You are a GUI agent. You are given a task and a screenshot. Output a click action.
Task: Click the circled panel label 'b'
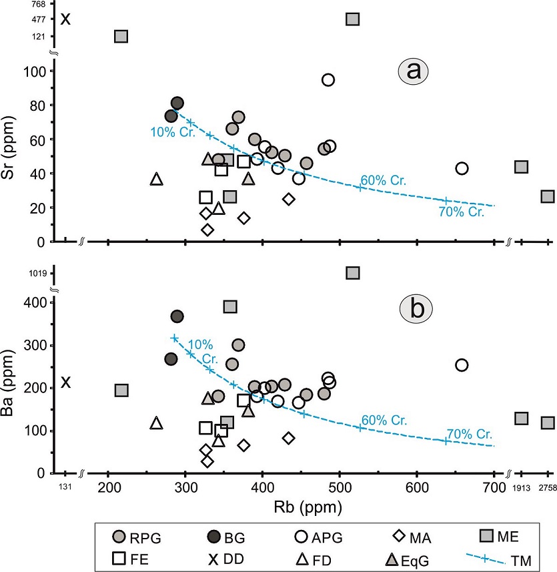pos(416,309)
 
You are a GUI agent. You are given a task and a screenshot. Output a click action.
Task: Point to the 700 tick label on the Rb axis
pos(494,485)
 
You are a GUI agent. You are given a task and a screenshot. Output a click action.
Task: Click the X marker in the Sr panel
pos(65,18)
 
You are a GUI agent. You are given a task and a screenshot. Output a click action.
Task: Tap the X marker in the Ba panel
pos(65,382)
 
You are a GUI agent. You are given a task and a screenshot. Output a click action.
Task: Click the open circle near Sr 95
pos(328,79)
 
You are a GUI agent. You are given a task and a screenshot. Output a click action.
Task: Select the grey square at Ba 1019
pos(353,272)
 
